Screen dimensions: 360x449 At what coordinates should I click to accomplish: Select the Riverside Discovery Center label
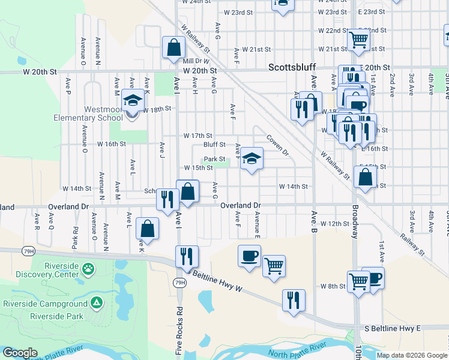44,270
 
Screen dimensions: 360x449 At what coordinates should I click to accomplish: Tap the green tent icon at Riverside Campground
96,304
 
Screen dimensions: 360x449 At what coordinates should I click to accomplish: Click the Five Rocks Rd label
179,329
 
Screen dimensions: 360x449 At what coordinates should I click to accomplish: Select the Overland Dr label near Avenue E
241,205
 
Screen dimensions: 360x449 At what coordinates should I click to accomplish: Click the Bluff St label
214,145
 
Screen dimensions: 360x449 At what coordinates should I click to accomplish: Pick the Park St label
214,159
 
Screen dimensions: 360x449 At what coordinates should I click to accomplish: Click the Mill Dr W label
196,61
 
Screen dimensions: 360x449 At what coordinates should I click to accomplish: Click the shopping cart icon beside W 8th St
358,280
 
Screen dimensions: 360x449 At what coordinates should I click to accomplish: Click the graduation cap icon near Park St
252,158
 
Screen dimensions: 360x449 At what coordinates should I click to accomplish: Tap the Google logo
20,353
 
